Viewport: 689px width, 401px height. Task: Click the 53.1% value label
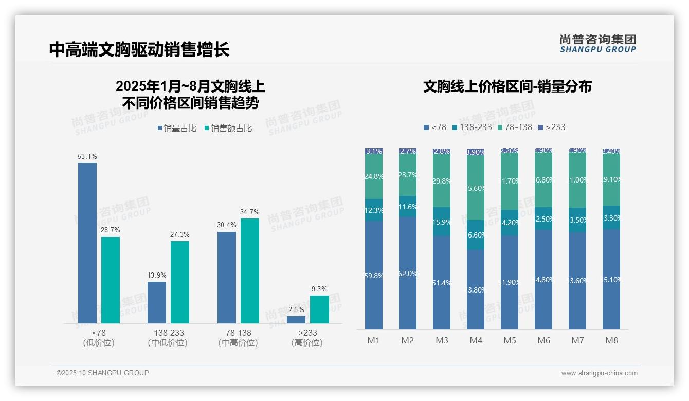tap(87, 156)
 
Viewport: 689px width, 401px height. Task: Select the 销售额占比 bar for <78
tap(111, 280)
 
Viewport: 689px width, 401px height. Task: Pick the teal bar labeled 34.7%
tap(250, 271)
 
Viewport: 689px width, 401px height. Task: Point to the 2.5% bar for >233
tap(296, 319)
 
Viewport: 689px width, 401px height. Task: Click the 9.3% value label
tap(319, 289)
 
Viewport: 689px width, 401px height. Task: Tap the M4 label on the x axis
tap(476, 340)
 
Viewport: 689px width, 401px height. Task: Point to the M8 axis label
tap(611, 340)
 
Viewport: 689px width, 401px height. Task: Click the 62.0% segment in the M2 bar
tap(408, 273)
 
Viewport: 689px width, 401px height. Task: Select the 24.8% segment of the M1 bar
tap(374, 176)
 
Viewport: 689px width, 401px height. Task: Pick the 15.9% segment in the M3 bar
tap(442, 222)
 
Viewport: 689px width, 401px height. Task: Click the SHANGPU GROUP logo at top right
tap(597, 44)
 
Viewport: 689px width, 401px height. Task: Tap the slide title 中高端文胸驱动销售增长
tap(139, 49)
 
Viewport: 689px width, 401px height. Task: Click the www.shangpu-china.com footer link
tap(599, 373)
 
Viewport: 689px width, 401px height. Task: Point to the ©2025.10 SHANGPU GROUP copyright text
tap(103, 373)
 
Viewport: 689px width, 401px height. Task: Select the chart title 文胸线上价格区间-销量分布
tap(507, 86)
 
